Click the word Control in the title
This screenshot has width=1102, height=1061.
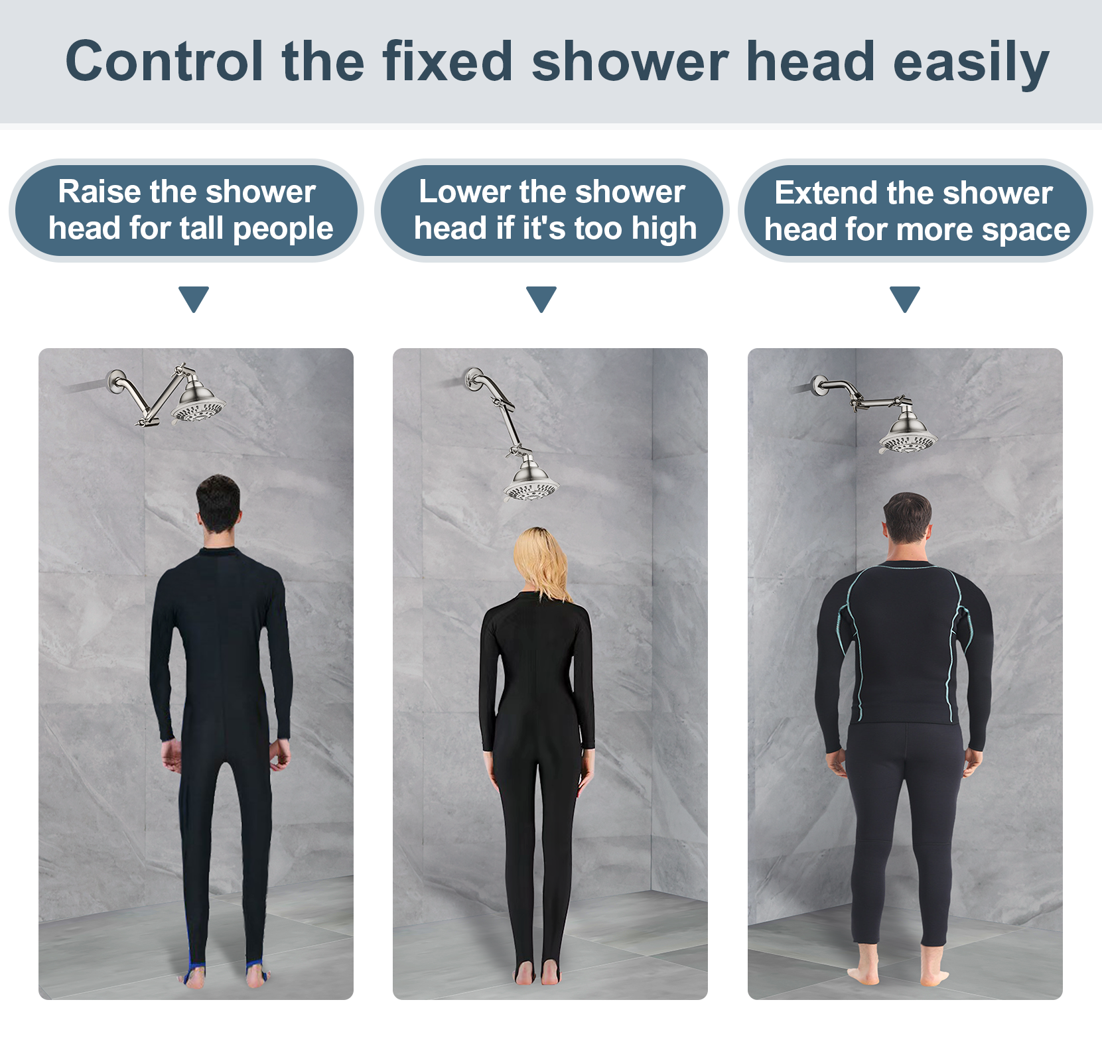click(x=165, y=61)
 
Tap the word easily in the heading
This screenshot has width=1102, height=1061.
click(x=971, y=63)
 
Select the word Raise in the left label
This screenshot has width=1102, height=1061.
click(x=100, y=192)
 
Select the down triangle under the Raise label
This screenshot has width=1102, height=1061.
click(x=194, y=298)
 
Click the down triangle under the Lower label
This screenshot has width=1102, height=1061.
click(x=541, y=298)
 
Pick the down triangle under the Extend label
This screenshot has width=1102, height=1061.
click(x=905, y=298)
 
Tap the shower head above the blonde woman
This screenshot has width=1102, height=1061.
click(x=531, y=481)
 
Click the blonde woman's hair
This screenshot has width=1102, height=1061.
click(x=541, y=564)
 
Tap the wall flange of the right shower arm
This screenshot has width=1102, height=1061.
click(x=818, y=386)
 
